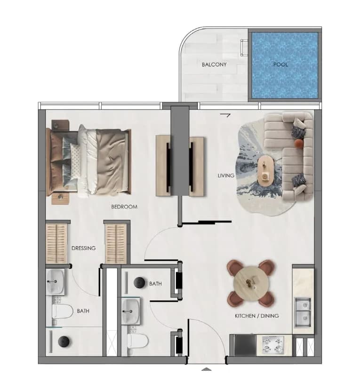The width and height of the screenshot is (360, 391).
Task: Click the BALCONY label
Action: pyautogui.click(x=214, y=64)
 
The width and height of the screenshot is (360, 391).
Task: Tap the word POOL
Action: pyautogui.click(x=280, y=64)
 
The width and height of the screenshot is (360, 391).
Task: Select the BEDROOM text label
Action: pyautogui.click(x=124, y=207)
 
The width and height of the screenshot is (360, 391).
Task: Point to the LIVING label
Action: pyautogui.click(x=226, y=176)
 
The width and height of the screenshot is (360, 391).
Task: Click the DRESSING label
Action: pyautogui.click(x=84, y=248)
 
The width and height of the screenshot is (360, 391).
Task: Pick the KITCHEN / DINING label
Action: pyautogui.click(x=257, y=316)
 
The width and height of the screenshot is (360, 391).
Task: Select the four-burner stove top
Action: pyautogui.click(x=274, y=345)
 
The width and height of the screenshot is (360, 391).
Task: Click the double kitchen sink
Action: pyautogui.click(x=303, y=312)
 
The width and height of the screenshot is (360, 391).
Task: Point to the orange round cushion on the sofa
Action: pyautogui.click(x=298, y=143)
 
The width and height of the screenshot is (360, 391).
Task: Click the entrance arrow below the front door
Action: pyautogui.click(x=206, y=369)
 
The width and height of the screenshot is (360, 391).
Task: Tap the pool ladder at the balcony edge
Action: pyautogui.click(x=244, y=47)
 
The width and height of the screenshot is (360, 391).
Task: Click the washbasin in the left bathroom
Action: pyautogui.click(x=55, y=282)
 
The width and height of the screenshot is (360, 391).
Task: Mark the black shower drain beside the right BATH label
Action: pyautogui.click(x=139, y=283)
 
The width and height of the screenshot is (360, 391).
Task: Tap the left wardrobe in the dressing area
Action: pyautogui.click(x=56, y=244)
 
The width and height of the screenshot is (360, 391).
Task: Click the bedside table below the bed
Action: pyautogui.click(x=60, y=199)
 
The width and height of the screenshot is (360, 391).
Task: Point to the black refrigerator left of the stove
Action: pyautogui.click(x=245, y=345)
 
